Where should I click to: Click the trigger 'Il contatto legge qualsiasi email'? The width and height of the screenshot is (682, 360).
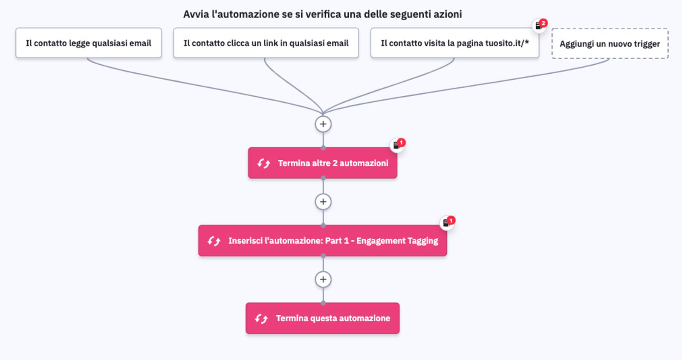88,43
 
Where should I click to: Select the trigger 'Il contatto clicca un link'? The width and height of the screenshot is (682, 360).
266,43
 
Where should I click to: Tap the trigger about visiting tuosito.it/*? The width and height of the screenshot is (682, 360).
454,43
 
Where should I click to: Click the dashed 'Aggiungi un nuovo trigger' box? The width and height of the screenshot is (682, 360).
610,43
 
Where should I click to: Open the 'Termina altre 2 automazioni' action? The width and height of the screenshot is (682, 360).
323,163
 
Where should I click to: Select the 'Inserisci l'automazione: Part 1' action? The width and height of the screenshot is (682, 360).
323,241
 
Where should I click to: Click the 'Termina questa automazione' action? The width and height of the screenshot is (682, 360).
323,318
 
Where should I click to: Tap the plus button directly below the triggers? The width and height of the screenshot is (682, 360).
323,124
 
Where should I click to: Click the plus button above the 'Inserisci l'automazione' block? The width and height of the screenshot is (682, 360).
323,202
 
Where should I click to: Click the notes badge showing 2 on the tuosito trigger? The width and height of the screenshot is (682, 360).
540,25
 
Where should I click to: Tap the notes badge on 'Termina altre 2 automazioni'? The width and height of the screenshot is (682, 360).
398,145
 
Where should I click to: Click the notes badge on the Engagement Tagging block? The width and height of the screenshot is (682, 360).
448,222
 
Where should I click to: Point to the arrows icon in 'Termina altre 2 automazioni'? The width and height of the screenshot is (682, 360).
263,163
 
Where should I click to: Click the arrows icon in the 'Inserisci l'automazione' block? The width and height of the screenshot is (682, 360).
214,241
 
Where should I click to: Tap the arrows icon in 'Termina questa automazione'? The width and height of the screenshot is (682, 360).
261,319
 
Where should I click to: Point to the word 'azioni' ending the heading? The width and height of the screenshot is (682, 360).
448,14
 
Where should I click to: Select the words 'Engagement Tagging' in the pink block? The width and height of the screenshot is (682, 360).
397,241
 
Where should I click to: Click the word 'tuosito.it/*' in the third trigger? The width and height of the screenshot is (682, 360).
507,43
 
